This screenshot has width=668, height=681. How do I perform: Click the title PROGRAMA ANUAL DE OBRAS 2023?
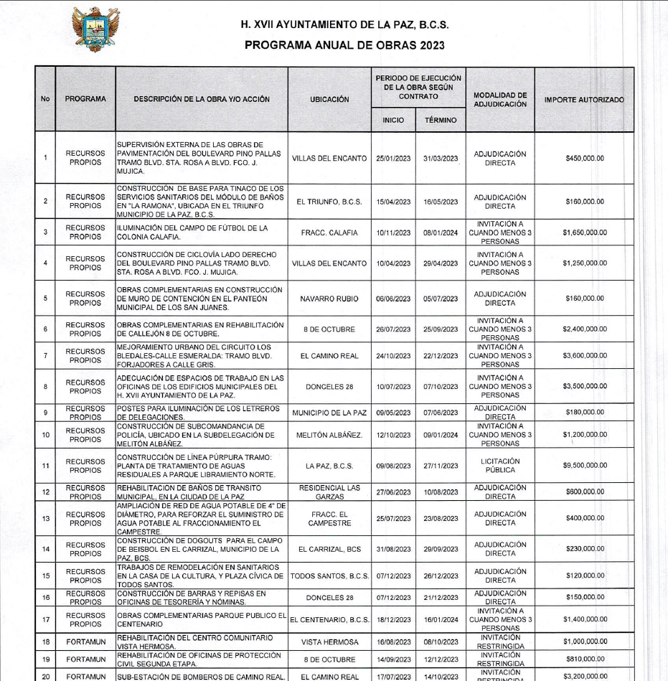(x=344, y=44)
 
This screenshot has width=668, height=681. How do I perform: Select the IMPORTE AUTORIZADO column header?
(x=584, y=99)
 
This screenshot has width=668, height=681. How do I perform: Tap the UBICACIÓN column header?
(x=329, y=99)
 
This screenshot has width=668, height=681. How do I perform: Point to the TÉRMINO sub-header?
(x=441, y=120)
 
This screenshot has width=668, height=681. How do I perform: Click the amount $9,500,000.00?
(x=584, y=466)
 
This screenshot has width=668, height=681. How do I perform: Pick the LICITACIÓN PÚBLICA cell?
(x=500, y=466)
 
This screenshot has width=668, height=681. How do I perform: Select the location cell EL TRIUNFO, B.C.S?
(x=329, y=202)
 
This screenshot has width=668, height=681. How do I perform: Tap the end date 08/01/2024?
(x=441, y=232)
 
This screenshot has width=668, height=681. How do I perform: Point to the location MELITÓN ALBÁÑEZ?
(x=329, y=435)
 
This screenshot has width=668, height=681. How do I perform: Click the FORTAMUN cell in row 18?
(x=85, y=642)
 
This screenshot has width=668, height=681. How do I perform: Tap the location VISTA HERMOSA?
(x=329, y=642)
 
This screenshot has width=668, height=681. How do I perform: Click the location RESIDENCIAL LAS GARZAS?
(x=329, y=492)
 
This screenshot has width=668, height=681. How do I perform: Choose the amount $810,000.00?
(x=584, y=659)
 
